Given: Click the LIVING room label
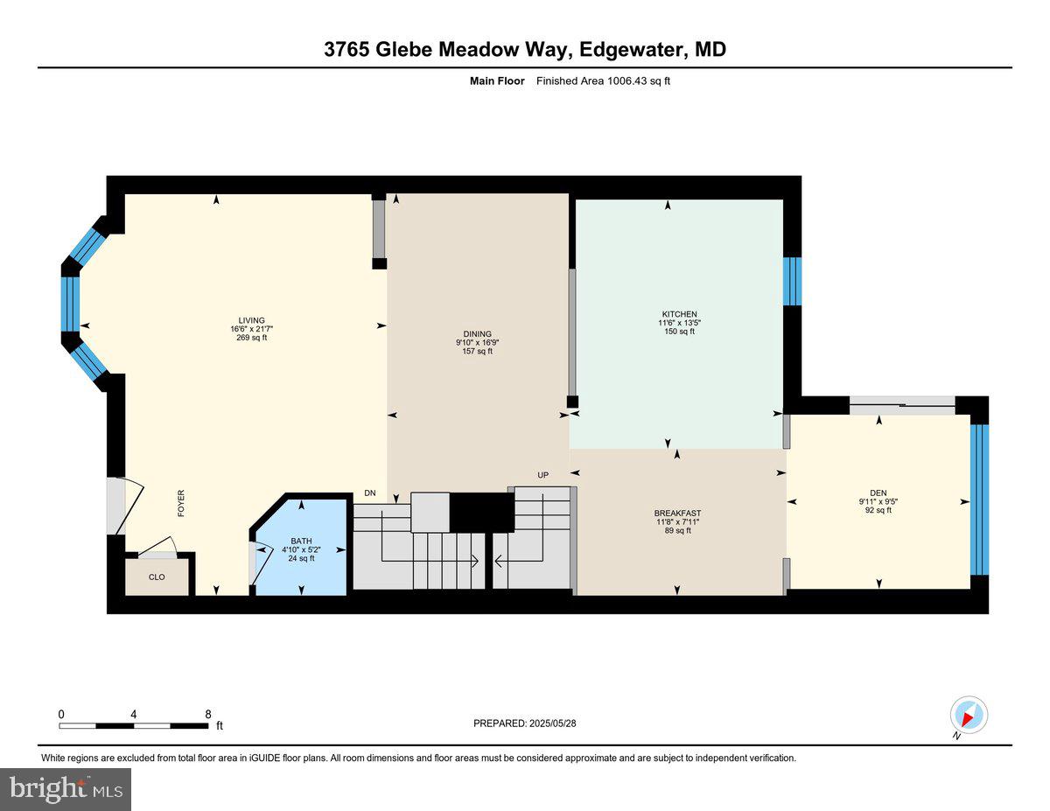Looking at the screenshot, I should pyautogui.click(x=251, y=320).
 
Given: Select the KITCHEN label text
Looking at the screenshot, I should pyautogui.click(x=679, y=314).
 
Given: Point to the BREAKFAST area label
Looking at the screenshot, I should pyautogui.click(x=677, y=514).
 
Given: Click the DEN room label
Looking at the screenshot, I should pyautogui.click(x=878, y=492).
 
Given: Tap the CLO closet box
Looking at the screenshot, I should pyautogui.click(x=157, y=577).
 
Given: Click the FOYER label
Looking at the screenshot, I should pyautogui.click(x=182, y=503).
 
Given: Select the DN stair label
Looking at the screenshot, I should pyautogui.click(x=370, y=493).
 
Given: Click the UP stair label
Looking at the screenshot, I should pyautogui.click(x=542, y=475).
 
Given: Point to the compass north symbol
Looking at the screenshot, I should pyautogui.click(x=968, y=716).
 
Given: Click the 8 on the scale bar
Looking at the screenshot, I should pyautogui.click(x=207, y=714).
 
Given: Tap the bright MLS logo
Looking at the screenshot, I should pyautogui.click(x=66, y=789).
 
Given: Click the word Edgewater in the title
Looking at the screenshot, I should pyautogui.click(x=632, y=50).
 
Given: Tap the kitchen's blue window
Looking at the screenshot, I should pyautogui.click(x=792, y=281).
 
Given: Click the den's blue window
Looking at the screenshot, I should pyautogui.click(x=979, y=500).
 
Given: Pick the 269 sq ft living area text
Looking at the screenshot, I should pyautogui.click(x=251, y=338).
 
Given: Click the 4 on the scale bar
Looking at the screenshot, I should pyautogui.click(x=133, y=714).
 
